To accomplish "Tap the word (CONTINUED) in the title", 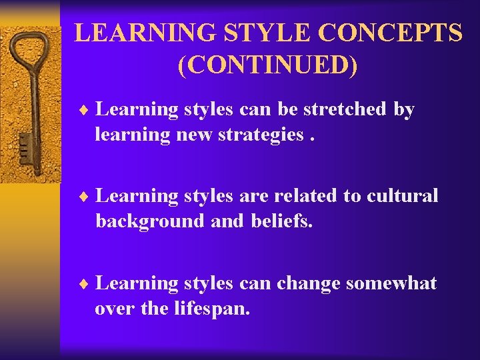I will click(267, 66).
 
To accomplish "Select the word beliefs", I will click(281, 221).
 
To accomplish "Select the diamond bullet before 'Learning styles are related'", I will click(85, 197).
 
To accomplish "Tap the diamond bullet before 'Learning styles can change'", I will click(85, 284).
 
